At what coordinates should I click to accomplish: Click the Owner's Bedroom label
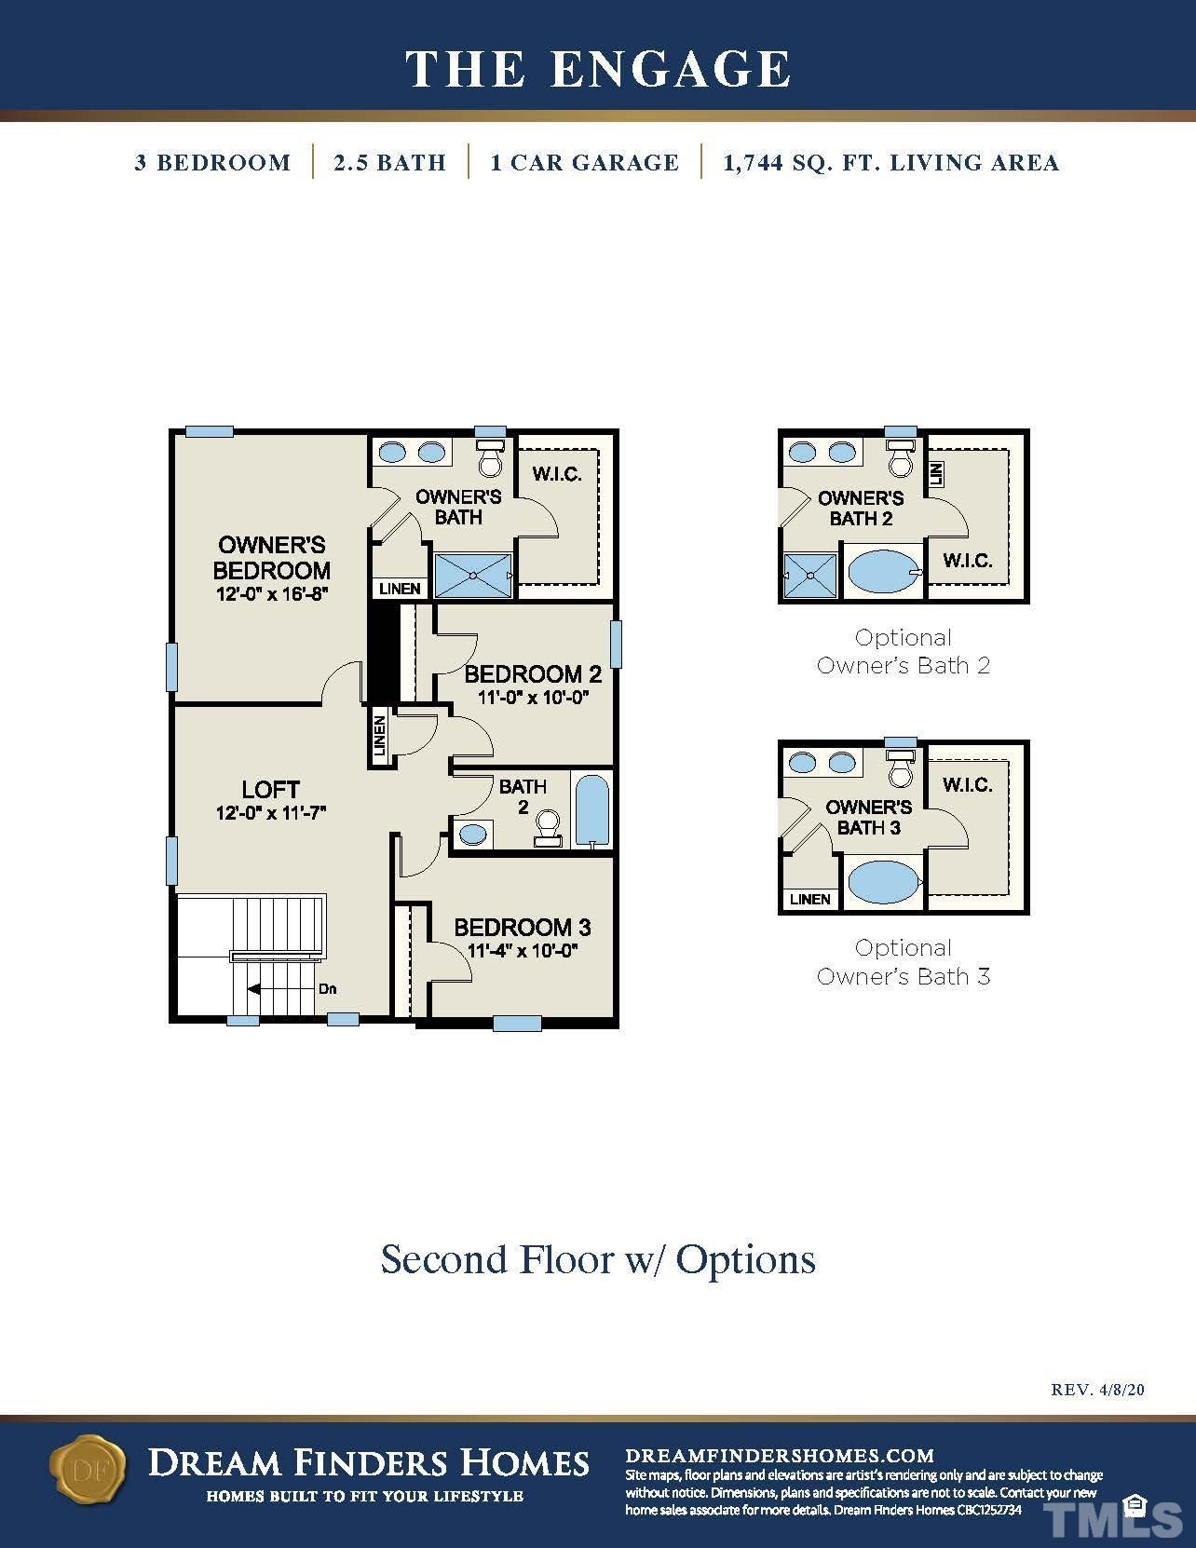point(271,558)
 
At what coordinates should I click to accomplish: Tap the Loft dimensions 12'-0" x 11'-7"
point(271,813)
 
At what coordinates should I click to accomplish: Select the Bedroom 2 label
point(533,674)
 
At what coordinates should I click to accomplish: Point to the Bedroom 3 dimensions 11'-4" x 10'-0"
point(523,951)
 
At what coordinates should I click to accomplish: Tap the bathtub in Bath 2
point(591,810)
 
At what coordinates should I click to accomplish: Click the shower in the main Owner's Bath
point(473,576)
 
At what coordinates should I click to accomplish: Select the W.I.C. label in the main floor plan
point(557,474)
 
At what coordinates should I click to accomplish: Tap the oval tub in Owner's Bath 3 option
point(883,882)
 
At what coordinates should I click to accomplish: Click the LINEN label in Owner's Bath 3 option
point(810,900)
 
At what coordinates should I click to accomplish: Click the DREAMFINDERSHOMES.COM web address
point(780,1456)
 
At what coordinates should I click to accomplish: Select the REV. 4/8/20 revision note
point(1097,1390)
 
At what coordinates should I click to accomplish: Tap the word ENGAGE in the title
point(671,70)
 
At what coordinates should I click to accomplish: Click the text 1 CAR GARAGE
point(584,162)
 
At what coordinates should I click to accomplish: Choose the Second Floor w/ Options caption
point(598,1259)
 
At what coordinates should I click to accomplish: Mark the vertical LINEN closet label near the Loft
point(380,737)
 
